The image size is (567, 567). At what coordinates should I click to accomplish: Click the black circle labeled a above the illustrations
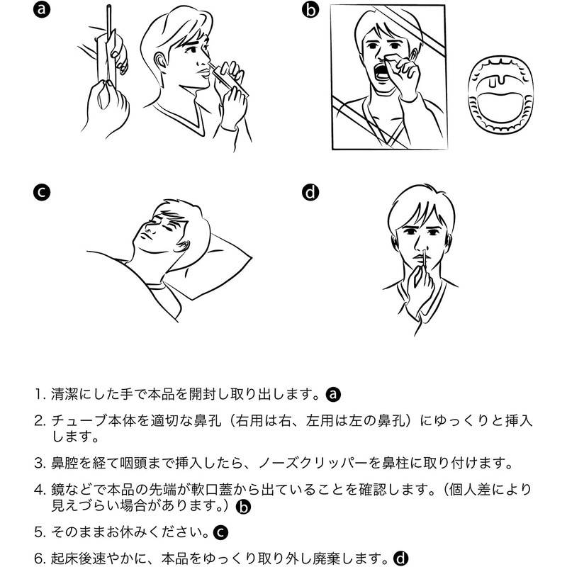(42, 9)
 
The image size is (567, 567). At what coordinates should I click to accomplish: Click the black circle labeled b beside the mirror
(310, 10)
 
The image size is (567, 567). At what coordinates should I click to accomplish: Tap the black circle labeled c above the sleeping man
(42, 192)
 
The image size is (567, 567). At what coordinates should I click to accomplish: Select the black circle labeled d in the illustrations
(310, 192)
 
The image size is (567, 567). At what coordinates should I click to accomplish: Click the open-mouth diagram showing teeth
(500, 96)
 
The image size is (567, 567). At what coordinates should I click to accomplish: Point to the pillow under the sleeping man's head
(213, 268)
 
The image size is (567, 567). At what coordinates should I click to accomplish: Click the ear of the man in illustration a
(160, 61)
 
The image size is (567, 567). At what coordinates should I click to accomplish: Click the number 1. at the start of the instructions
(40, 394)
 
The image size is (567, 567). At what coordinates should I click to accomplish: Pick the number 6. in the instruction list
(40, 558)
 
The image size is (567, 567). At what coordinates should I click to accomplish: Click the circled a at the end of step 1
(333, 394)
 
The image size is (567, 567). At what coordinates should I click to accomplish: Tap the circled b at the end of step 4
(243, 507)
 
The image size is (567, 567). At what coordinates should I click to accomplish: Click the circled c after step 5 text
(220, 532)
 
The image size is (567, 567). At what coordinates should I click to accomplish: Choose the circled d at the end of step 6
(400, 558)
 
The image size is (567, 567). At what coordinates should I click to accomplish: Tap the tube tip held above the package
(108, 7)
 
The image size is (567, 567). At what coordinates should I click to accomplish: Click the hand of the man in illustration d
(420, 286)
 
